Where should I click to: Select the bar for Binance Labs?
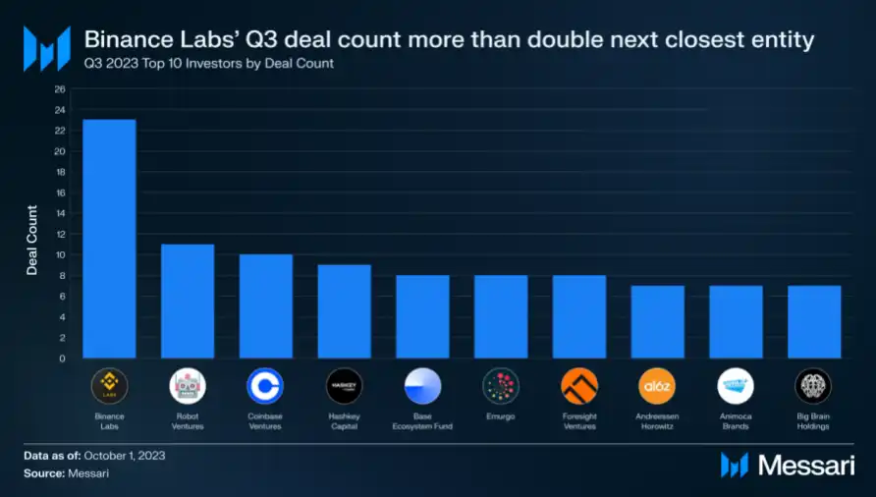(x=109, y=239)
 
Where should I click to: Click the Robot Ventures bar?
(x=188, y=302)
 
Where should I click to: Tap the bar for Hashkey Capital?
(x=344, y=311)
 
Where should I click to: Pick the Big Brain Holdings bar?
(x=814, y=322)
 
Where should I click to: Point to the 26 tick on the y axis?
(x=60, y=89)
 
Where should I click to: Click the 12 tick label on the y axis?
(x=60, y=235)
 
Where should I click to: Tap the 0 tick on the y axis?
(x=62, y=359)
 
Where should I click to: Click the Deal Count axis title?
(x=31, y=241)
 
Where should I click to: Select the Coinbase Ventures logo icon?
(x=265, y=386)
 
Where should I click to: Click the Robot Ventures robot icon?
(x=188, y=386)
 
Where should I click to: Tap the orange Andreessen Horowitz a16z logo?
(x=657, y=386)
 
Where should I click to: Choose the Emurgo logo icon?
(x=501, y=386)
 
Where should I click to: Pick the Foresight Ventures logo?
(x=579, y=386)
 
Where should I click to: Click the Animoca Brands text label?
(x=736, y=421)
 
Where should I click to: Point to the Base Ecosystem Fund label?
(x=422, y=421)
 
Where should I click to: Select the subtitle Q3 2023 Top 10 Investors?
(x=208, y=64)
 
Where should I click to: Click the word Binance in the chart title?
(x=124, y=40)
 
